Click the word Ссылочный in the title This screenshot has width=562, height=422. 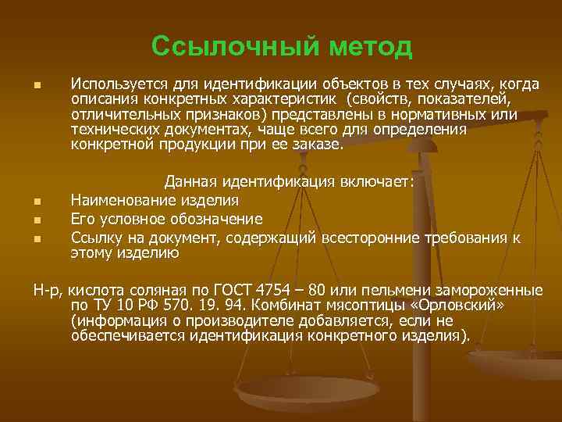218,46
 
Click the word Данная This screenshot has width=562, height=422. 192,182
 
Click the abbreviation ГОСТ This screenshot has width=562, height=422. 224,290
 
